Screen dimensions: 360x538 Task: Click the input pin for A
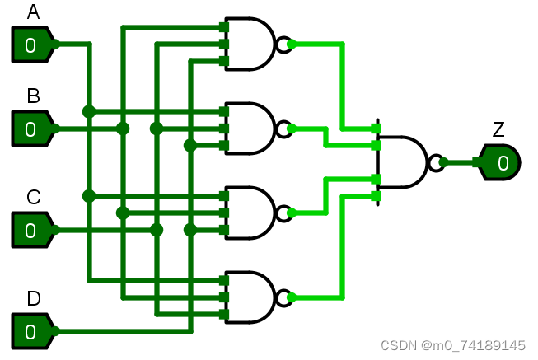point(32,44)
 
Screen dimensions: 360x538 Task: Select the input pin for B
point(32,129)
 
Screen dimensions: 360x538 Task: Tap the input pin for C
point(32,230)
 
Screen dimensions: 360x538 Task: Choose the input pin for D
point(32,331)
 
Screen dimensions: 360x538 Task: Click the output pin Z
point(500,162)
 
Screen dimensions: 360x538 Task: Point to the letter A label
point(33,12)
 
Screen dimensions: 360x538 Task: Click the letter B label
point(33,96)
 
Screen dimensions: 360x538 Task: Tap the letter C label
point(33,198)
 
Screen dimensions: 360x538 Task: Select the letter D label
point(33,298)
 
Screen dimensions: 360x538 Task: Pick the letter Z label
point(498,129)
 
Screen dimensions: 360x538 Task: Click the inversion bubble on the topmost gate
point(285,44)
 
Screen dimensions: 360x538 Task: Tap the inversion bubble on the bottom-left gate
point(285,297)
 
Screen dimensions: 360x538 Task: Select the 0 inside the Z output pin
point(503,163)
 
